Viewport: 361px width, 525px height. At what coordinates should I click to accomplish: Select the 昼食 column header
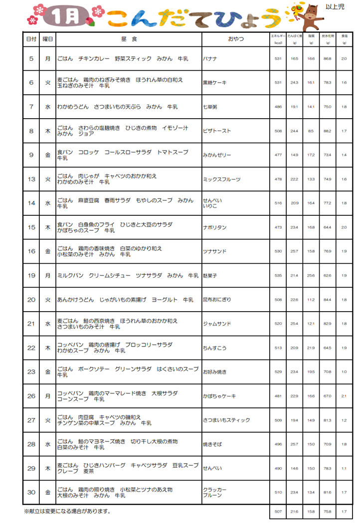click(x=129, y=39)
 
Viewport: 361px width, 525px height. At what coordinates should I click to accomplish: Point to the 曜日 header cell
click(x=48, y=39)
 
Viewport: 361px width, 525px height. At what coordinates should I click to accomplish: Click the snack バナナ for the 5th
click(x=210, y=59)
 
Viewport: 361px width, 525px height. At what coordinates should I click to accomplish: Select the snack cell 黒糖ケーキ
click(x=215, y=83)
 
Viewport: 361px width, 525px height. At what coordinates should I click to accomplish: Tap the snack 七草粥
click(x=211, y=107)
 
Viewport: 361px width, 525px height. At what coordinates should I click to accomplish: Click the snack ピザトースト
click(x=217, y=131)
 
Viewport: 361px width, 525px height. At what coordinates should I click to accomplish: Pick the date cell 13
click(x=31, y=179)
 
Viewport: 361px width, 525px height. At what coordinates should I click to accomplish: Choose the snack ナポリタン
click(x=214, y=227)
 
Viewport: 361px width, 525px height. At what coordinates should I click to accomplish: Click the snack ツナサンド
click(x=214, y=251)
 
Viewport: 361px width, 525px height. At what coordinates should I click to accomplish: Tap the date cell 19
click(x=31, y=275)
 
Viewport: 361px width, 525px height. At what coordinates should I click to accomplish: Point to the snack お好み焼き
click(x=215, y=372)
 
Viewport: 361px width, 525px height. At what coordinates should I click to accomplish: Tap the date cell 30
click(x=31, y=492)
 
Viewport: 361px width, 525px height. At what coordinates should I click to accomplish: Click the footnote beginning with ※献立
click(x=67, y=512)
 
